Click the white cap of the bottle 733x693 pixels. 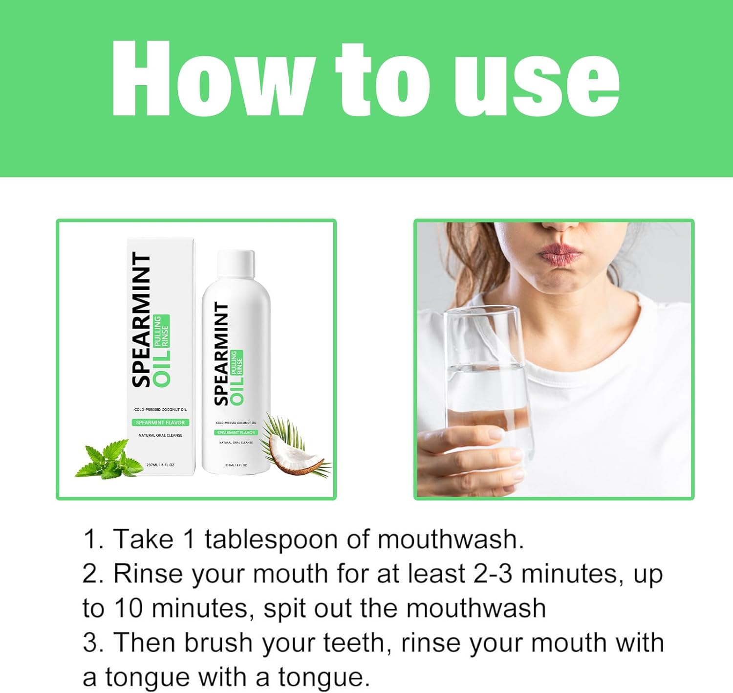236,264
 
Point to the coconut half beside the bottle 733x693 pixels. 299,455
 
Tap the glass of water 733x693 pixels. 489,386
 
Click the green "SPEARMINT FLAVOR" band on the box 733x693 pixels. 160,423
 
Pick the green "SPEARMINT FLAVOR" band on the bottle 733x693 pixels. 236,432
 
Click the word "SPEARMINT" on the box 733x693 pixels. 142,320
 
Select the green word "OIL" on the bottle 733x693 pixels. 237,390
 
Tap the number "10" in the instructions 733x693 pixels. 128,608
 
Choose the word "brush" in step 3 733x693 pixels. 218,642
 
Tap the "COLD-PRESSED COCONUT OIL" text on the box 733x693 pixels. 160,409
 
